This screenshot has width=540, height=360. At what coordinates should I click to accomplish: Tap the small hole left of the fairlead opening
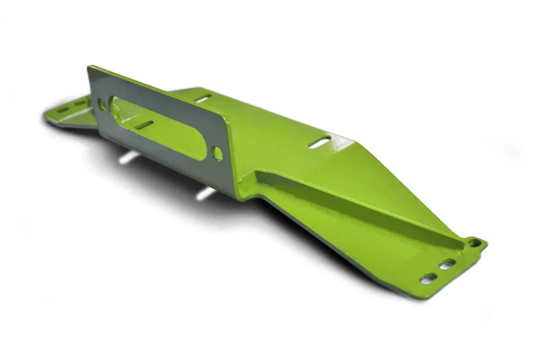coord(102,105)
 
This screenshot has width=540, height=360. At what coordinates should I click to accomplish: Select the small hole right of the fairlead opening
coord(217,153)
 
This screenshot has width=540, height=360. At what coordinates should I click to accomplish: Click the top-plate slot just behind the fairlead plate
coord(203,98)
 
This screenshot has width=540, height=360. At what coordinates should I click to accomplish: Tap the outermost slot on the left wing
coord(63,109)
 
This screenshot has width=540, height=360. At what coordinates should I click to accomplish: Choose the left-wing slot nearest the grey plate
coord(82,103)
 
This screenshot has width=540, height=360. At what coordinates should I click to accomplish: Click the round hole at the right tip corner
coord(474,243)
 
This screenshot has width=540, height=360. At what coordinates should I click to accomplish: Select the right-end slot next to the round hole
coord(447,265)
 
